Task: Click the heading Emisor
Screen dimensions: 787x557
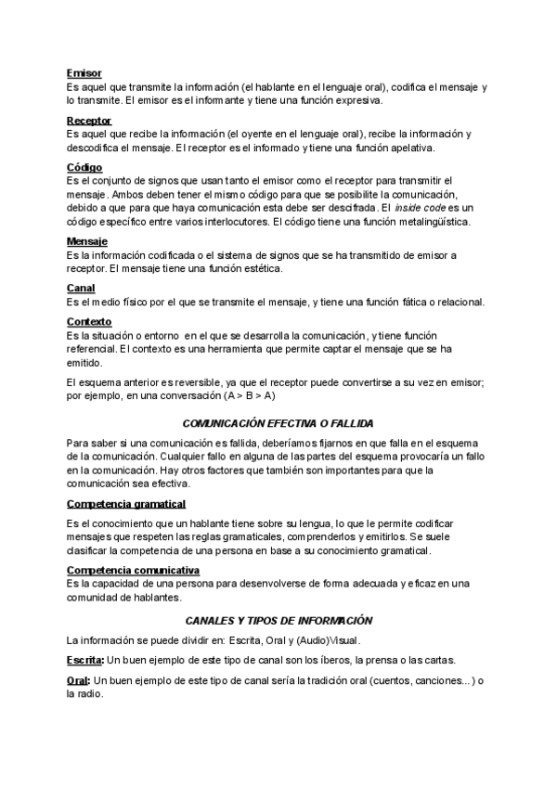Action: click(84, 72)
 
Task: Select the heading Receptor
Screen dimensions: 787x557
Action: click(89, 121)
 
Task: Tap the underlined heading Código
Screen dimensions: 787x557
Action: click(84, 168)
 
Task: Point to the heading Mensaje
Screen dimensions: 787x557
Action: click(87, 241)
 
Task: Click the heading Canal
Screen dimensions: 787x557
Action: click(81, 289)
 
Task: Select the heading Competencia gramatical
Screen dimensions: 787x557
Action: click(126, 504)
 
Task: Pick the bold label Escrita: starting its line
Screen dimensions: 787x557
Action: click(86, 660)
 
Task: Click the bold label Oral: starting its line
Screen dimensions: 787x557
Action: click(79, 681)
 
